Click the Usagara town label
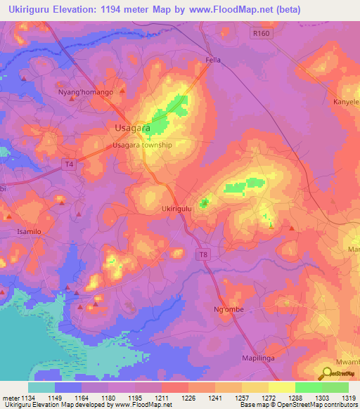131,128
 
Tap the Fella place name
213,60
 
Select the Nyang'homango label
85,92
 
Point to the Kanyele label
346,102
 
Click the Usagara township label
142,145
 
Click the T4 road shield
68,164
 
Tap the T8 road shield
202,254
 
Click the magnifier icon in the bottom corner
328,373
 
